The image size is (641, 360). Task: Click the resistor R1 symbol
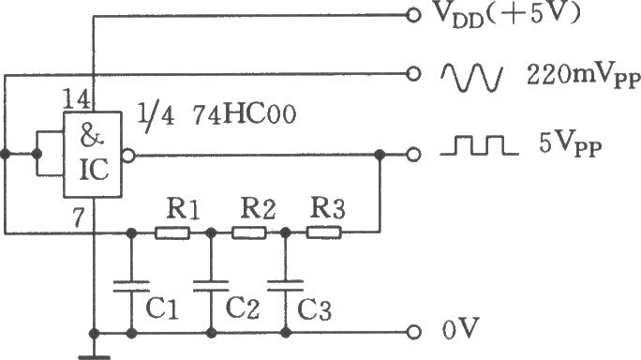click(172, 232)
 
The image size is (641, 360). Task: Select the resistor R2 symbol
click(249, 232)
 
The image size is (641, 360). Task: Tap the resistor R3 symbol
click(323, 232)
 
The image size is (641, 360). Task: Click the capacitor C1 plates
click(131, 286)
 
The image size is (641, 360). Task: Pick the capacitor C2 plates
click(211, 286)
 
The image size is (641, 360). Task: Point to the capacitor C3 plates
click(285, 285)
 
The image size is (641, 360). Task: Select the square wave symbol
click(479, 146)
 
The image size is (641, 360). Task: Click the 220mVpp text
click(583, 77)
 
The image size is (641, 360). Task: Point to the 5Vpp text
click(571, 145)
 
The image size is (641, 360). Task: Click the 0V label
click(460, 328)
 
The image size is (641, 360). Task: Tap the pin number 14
click(77, 99)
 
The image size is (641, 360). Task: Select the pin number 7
click(79, 217)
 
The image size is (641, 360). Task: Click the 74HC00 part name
click(244, 115)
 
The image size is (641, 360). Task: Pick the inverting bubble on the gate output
click(128, 155)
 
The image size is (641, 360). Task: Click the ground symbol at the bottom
click(94, 357)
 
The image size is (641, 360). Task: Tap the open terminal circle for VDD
click(413, 16)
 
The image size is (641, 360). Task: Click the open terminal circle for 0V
click(413, 332)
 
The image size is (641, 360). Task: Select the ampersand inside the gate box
click(92, 135)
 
